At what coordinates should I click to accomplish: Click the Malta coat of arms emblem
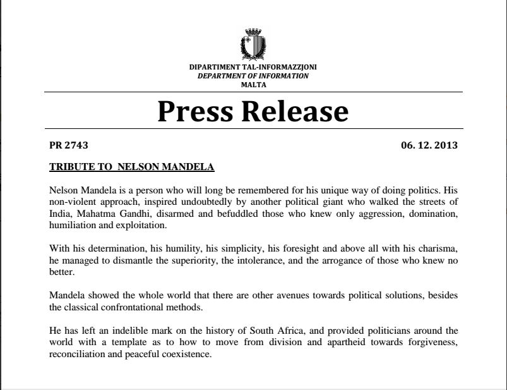253,44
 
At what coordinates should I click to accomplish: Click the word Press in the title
196,111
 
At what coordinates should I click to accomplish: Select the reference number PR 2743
68,145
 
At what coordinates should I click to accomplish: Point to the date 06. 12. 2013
429,145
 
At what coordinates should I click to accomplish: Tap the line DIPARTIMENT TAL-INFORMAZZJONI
253,68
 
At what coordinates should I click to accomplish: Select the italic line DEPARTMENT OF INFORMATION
253,76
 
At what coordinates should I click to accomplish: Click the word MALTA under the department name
253,84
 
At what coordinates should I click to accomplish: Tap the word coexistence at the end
187,353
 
